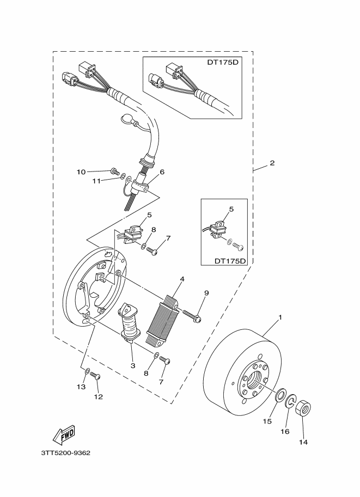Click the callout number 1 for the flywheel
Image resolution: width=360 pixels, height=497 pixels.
point(280,317)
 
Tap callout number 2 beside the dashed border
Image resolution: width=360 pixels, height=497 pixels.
point(272,163)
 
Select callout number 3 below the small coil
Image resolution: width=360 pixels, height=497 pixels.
point(132,366)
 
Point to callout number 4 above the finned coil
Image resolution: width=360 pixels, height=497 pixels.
point(182,279)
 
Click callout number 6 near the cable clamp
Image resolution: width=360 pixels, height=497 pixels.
point(162,172)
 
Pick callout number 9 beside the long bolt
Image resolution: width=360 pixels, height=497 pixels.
point(206,293)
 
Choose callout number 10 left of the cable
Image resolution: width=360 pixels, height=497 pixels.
point(81,172)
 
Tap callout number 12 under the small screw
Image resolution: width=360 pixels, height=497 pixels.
point(98,397)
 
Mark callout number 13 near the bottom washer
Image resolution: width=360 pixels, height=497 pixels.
point(81,386)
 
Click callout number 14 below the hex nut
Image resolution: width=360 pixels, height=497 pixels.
point(303,442)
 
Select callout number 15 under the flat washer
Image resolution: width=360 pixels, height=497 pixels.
point(267,421)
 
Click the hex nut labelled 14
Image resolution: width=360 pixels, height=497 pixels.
point(303,409)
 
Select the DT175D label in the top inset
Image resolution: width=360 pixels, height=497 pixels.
point(224,62)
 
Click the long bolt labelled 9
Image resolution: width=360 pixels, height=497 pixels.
point(191,315)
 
